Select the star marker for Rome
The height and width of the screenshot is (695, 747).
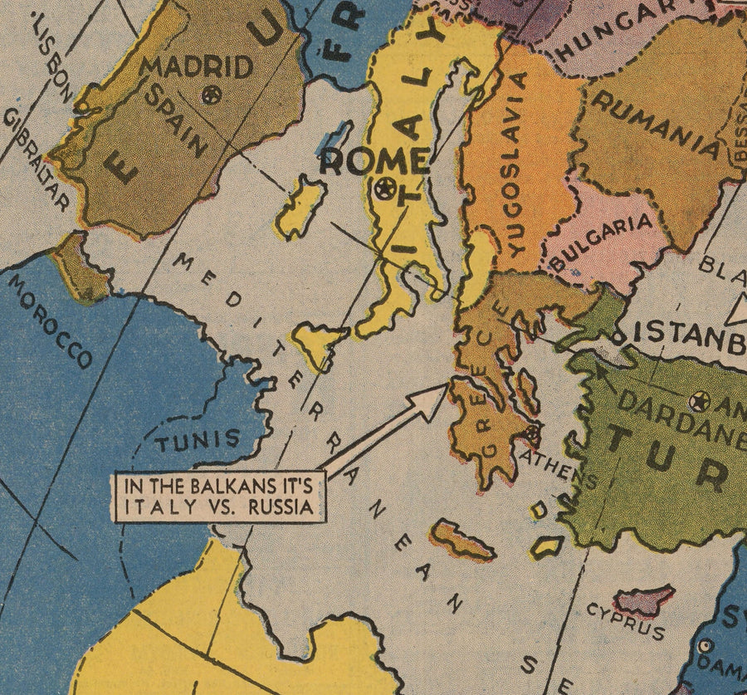point(383,188)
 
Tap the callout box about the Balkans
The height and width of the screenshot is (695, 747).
point(219,497)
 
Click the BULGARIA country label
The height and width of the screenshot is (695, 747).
point(603,244)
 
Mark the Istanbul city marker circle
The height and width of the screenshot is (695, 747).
point(618,335)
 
